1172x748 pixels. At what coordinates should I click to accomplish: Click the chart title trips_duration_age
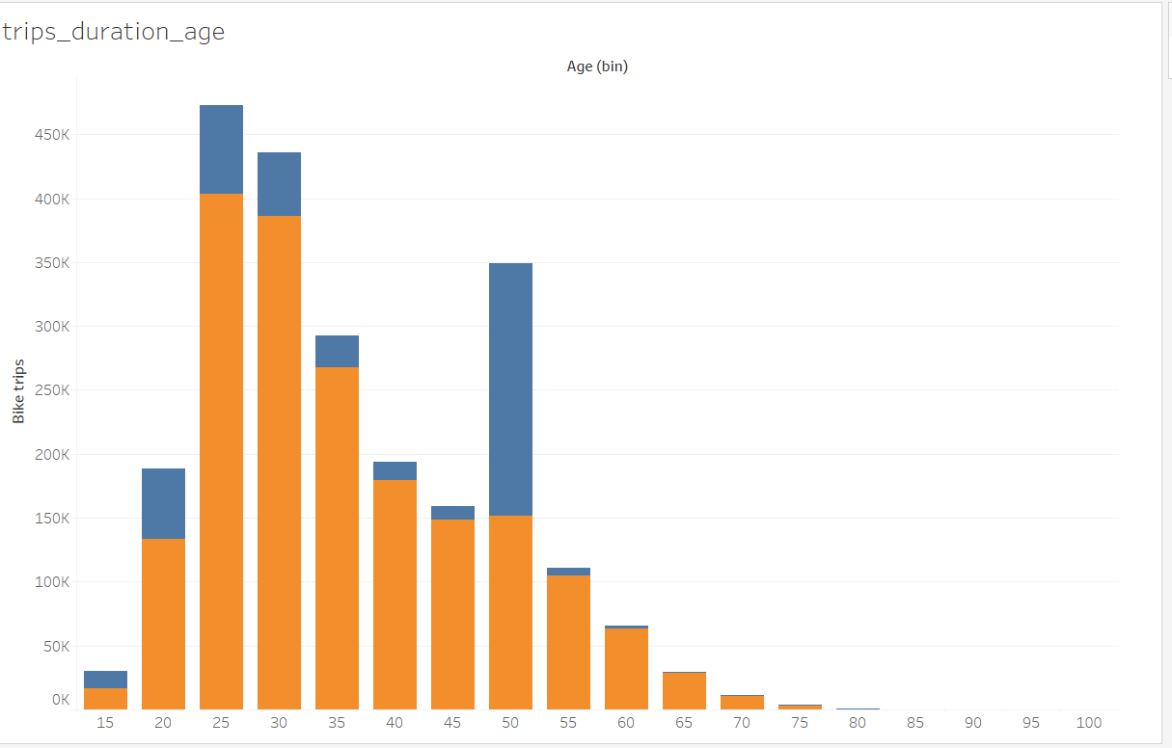[114, 32]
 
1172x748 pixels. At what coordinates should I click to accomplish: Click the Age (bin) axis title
[597, 67]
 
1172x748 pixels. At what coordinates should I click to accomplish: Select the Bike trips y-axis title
[18, 391]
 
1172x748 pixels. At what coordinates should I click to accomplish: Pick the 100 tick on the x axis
[1089, 722]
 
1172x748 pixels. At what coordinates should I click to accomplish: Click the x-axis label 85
[915, 722]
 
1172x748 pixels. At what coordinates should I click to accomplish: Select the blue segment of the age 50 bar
[510, 389]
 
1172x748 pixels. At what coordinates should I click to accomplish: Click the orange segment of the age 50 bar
[510, 612]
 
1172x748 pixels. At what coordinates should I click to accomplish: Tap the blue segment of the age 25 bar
[221, 149]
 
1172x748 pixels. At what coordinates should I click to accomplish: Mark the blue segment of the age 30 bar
[279, 184]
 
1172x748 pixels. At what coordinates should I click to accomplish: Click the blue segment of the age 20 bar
[163, 503]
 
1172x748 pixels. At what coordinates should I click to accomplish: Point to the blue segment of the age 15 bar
[105, 680]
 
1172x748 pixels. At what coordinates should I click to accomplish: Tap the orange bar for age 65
[684, 691]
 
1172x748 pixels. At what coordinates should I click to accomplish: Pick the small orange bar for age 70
[742, 702]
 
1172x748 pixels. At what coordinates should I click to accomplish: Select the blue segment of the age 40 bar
[395, 470]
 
